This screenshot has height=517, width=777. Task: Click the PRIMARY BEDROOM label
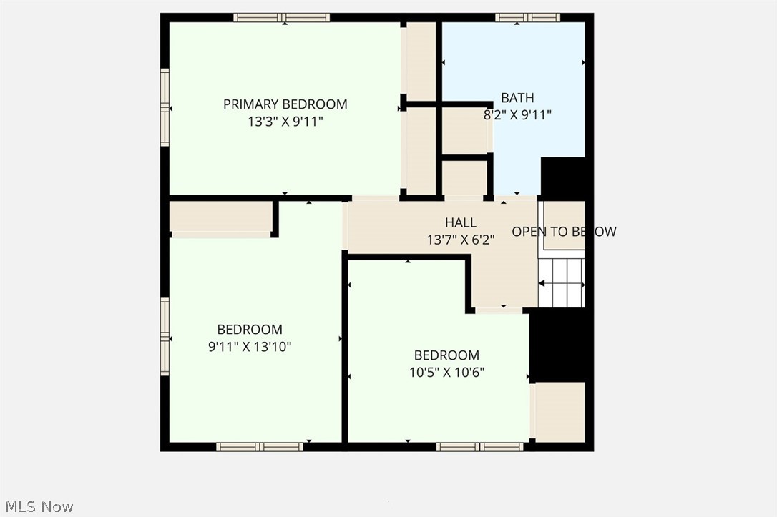pyautogui.click(x=285, y=104)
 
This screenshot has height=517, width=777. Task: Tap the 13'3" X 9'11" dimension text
pyautogui.click(x=285, y=122)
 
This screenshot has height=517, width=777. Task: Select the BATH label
pyautogui.click(x=517, y=98)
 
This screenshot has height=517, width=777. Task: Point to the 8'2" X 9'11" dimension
pyautogui.click(x=517, y=114)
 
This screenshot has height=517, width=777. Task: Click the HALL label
pyautogui.click(x=460, y=223)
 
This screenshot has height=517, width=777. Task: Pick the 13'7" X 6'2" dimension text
pyautogui.click(x=460, y=240)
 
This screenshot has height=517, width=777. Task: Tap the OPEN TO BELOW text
pyautogui.click(x=563, y=232)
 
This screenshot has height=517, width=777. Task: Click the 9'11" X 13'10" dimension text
pyautogui.click(x=250, y=347)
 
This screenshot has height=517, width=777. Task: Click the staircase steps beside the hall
pyautogui.click(x=562, y=282)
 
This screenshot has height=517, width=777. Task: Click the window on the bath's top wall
pyautogui.click(x=527, y=17)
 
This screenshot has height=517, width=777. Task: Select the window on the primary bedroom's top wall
pyautogui.click(x=282, y=17)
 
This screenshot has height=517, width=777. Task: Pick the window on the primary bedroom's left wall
pyautogui.click(x=165, y=107)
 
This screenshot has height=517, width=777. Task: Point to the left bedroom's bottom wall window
pyautogui.click(x=260, y=447)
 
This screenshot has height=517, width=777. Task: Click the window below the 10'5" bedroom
pyautogui.click(x=480, y=447)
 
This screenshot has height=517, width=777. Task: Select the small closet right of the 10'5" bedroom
pyautogui.click(x=559, y=412)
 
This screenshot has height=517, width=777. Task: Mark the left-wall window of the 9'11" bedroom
pyautogui.click(x=165, y=336)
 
